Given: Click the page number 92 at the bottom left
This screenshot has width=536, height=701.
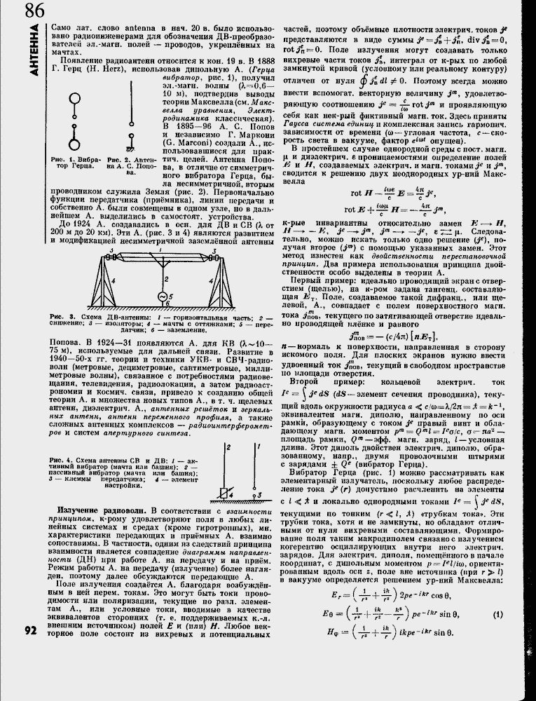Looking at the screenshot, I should (29, 630).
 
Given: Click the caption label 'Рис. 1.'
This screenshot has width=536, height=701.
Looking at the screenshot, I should (62, 160).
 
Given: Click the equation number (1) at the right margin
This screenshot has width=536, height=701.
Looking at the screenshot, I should (498, 614).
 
